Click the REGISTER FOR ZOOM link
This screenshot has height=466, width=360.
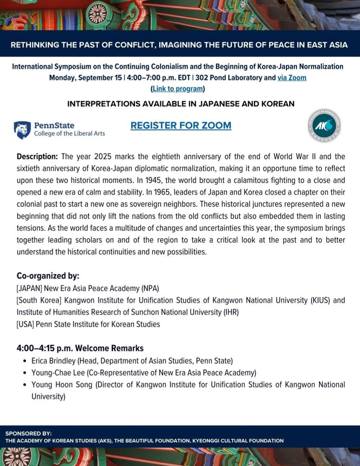tap(181, 125)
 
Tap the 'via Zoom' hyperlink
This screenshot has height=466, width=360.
tap(292, 78)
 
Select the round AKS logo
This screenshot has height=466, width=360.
tap(324, 125)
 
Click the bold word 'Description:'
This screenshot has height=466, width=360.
tap(37, 156)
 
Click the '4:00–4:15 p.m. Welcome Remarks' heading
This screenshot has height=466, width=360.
tap(80, 348)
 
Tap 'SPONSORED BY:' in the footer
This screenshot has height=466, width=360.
tap(28, 433)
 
